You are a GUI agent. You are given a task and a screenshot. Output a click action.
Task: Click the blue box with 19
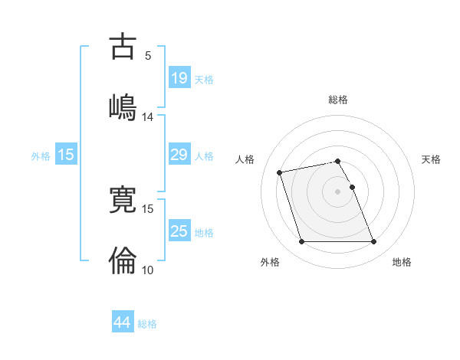tap(179, 78)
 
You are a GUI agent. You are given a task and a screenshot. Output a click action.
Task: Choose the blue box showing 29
tap(179, 155)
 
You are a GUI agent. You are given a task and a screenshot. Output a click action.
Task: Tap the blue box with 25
tap(179, 231)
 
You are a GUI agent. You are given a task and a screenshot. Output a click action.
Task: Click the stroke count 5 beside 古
tap(148, 55)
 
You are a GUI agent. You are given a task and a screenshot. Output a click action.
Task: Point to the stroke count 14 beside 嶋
tap(148, 117)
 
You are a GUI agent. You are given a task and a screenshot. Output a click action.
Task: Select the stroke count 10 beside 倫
tap(148, 270)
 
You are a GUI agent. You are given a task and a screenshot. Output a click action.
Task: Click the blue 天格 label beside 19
tap(204, 79)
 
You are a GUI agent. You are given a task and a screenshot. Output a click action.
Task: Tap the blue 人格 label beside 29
tap(204, 155)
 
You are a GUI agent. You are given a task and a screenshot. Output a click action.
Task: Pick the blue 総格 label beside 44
tap(147, 323)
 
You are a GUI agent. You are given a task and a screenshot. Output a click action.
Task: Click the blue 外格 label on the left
tap(41, 155)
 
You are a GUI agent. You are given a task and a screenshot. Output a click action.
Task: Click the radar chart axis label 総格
tap(338, 100)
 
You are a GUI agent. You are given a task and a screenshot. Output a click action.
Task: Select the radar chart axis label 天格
tap(431, 159)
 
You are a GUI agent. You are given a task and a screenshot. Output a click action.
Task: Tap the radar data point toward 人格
tap(280, 172)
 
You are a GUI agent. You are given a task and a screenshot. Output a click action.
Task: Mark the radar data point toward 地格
tap(373, 242)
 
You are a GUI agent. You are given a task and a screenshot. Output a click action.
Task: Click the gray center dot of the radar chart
tap(338, 191)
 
